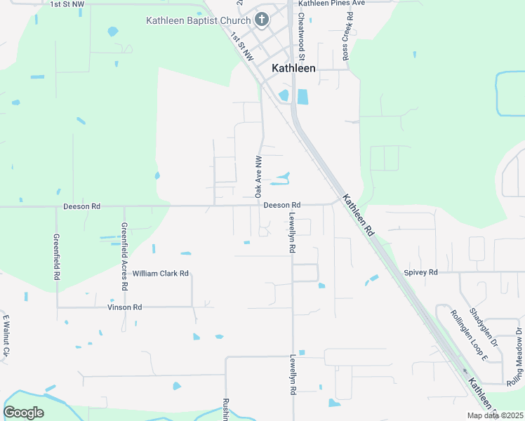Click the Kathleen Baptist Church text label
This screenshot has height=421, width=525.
tap(198, 20)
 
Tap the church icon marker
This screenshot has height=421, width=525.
tap(261, 20)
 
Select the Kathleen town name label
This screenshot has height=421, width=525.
tap(293, 69)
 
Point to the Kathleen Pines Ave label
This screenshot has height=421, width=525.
tap(332, 4)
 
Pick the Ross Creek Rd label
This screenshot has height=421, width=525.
tap(347, 35)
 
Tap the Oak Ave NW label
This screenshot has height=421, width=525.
tap(258, 175)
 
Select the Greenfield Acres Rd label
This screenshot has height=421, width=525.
tap(124, 257)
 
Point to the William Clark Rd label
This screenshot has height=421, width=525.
tap(161, 274)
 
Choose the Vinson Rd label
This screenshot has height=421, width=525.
tap(124, 307)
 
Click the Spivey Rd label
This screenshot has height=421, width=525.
tap(421, 272)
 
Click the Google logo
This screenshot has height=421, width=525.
tap(23, 413)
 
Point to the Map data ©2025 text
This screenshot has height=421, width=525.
tap(494, 415)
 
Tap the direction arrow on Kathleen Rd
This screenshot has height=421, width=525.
tap(463, 372)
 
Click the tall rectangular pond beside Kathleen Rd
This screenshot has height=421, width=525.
tap(303, 97)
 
